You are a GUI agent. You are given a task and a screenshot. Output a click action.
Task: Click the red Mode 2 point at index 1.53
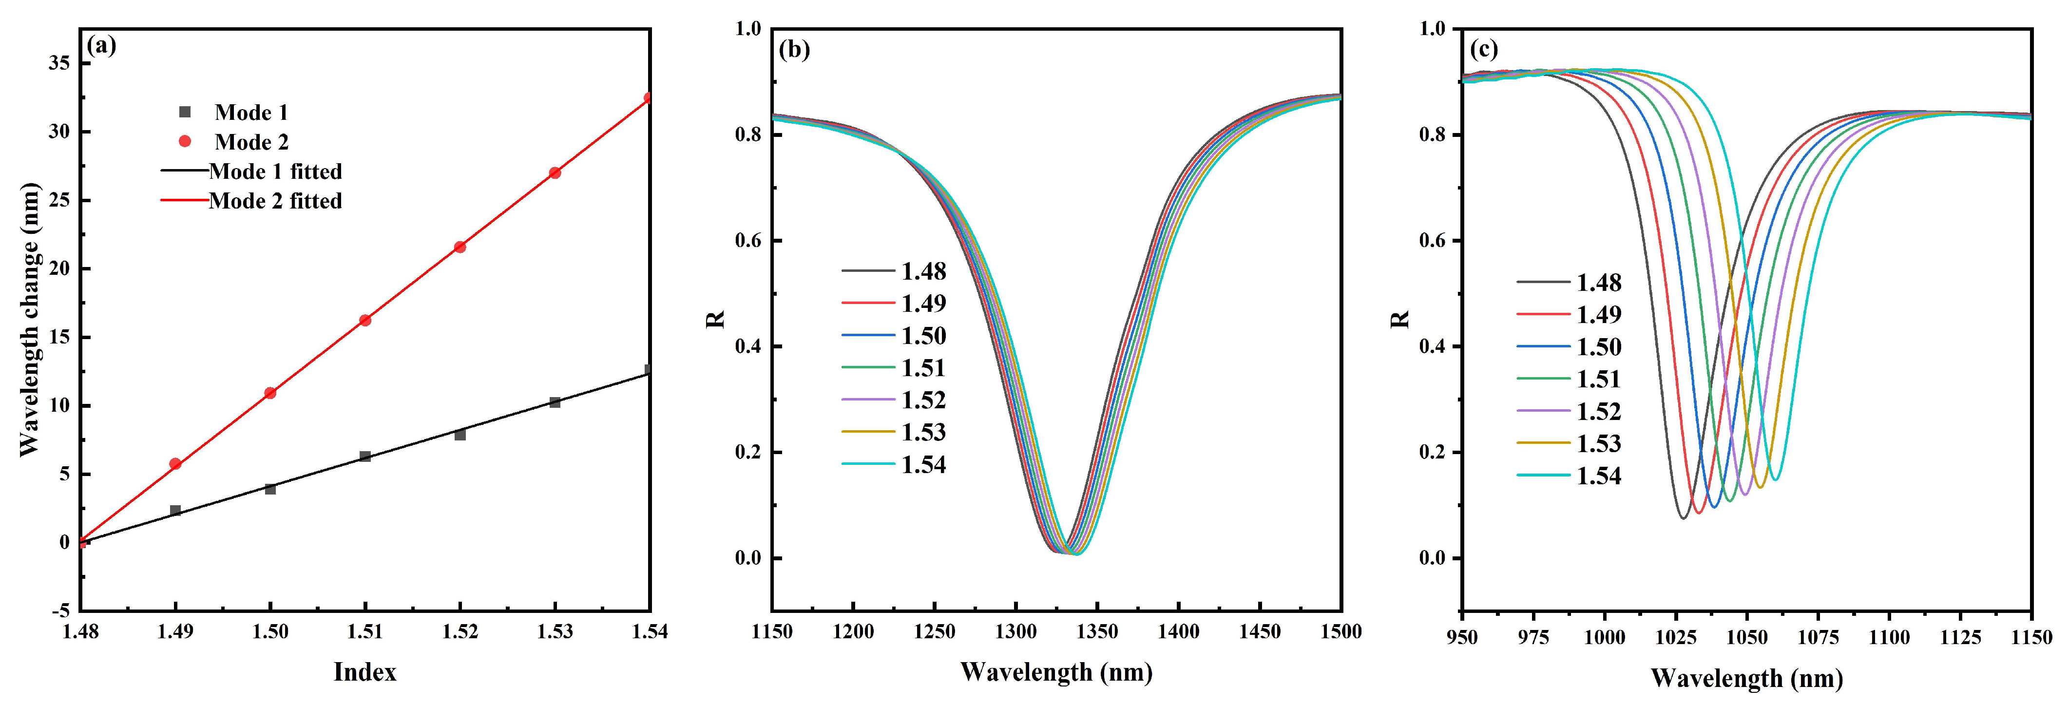pos(555,172)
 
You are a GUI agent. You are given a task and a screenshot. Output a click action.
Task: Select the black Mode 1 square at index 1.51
pos(365,456)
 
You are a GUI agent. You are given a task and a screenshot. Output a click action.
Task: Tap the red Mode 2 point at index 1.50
pos(270,393)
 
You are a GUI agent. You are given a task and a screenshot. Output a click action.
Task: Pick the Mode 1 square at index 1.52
pos(460,435)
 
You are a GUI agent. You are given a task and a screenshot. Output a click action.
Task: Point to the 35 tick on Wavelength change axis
pos(59,63)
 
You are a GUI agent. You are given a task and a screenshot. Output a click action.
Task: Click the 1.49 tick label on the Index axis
pos(175,632)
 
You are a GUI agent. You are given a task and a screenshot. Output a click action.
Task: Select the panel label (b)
pos(794,50)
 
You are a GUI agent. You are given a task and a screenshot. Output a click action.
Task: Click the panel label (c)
pos(1484,50)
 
